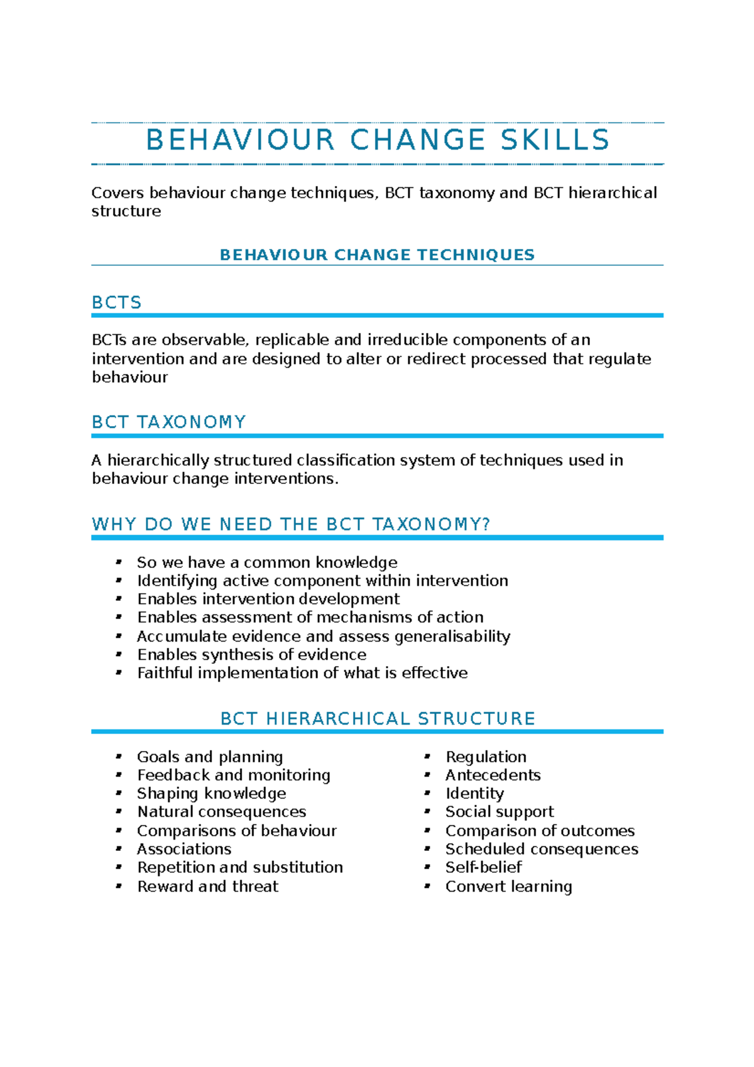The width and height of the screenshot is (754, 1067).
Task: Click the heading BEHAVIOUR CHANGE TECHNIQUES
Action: [377, 254]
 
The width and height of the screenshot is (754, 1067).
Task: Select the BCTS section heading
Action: [117, 303]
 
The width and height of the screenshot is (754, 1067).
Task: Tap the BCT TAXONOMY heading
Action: [168, 422]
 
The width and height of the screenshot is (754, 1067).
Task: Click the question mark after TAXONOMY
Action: [486, 524]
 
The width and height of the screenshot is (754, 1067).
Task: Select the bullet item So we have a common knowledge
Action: [267, 562]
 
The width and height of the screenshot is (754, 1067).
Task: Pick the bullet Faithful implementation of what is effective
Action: [302, 673]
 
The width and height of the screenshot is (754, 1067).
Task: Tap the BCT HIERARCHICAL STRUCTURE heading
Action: [378, 718]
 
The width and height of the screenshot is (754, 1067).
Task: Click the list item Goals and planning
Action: [210, 757]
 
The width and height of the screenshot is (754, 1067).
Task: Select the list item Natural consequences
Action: [222, 812]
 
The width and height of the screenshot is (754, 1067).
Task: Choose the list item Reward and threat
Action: [207, 887]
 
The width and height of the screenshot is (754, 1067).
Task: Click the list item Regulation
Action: [486, 757]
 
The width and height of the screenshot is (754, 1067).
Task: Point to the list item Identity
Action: [474, 794]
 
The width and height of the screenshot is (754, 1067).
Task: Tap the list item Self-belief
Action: [483, 867]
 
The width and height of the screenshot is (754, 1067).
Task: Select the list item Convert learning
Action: [508, 887]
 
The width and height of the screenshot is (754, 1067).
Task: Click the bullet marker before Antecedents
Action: [427, 775]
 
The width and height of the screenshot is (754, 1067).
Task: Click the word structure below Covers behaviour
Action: [126, 211]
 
